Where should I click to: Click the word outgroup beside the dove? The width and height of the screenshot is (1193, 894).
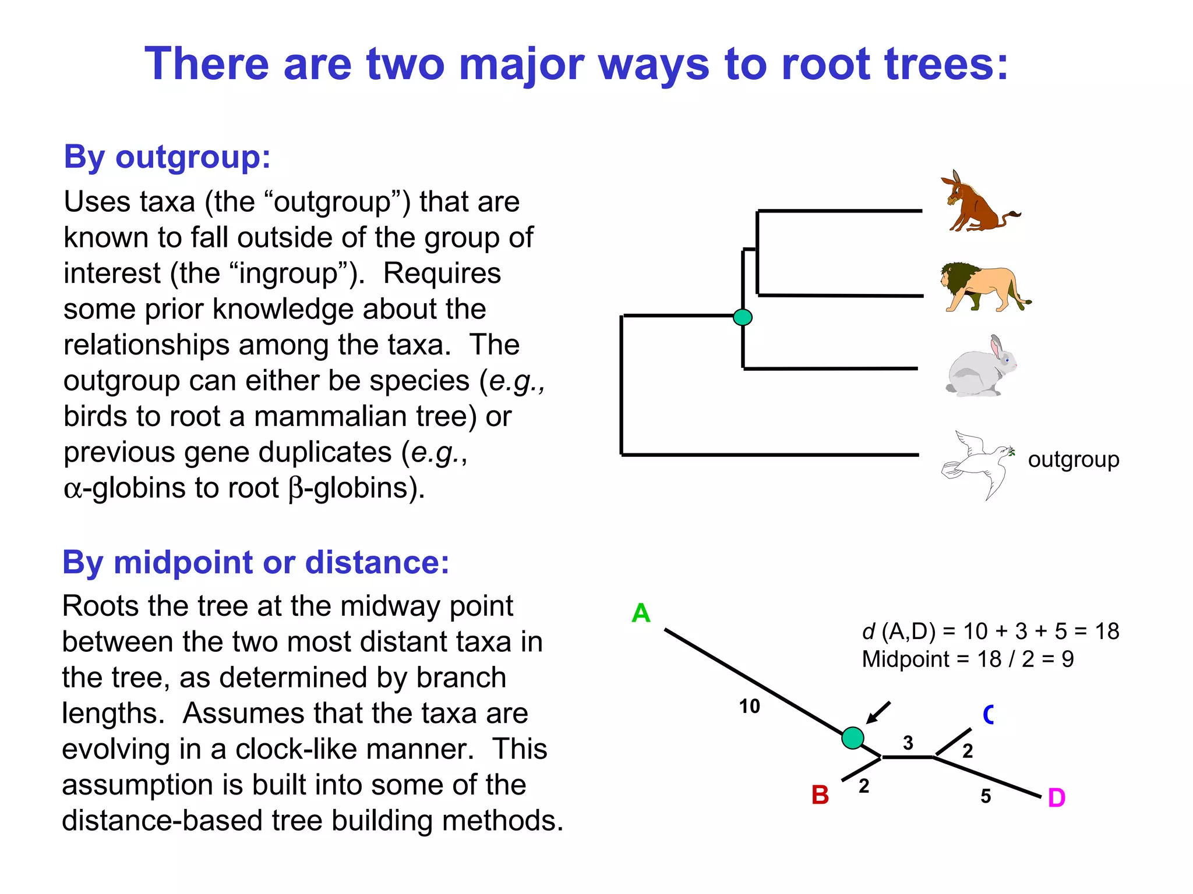(x=1073, y=459)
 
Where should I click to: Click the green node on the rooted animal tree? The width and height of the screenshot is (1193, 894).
(x=742, y=317)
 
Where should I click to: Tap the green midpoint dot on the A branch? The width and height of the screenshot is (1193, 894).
(x=853, y=737)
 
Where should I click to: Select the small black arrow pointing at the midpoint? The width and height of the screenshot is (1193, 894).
(x=878, y=712)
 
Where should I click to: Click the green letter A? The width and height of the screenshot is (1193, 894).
(x=641, y=613)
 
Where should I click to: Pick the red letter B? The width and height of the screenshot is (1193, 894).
(x=820, y=795)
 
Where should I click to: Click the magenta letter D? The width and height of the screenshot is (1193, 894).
(x=1056, y=798)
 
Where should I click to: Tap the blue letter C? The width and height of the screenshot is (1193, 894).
(x=988, y=714)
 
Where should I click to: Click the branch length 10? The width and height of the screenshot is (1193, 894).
(x=749, y=707)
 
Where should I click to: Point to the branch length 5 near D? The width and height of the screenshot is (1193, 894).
(x=985, y=796)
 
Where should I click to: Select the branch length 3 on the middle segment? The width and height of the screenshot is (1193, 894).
(x=908, y=743)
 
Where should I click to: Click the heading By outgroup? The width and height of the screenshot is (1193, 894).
(x=167, y=157)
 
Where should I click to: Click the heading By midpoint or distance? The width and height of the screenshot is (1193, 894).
(x=256, y=562)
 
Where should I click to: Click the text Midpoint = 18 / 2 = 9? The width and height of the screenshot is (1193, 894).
(x=967, y=659)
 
